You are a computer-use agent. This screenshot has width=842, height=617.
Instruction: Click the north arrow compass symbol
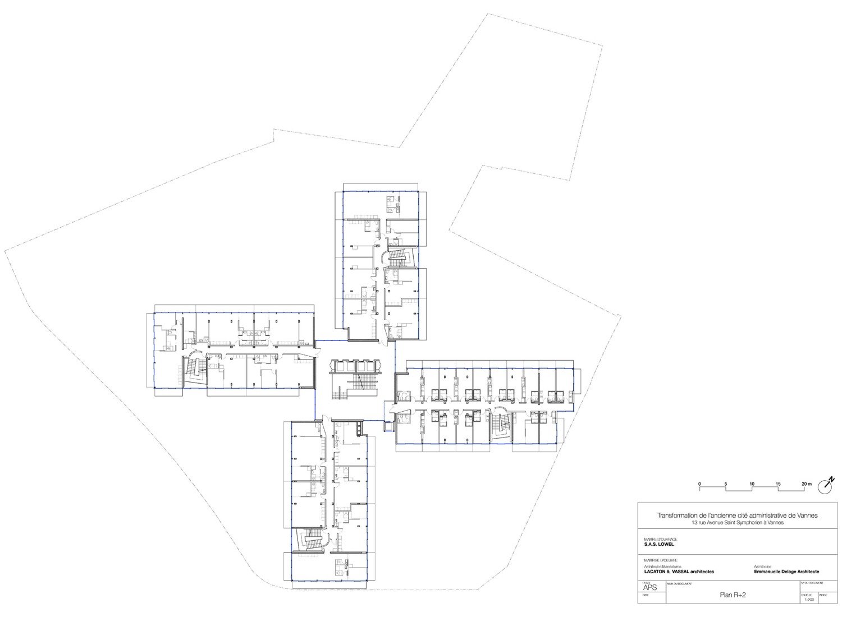pyautogui.click(x=826, y=485)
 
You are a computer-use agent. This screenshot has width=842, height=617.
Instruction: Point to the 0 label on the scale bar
pyautogui.click(x=699, y=484)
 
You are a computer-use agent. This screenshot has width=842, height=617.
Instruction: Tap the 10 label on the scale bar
pyautogui.click(x=752, y=484)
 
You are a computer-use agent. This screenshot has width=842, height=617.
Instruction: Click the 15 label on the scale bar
pyautogui.click(x=778, y=484)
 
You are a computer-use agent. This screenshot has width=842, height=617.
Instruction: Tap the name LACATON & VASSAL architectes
pyautogui.click(x=679, y=571)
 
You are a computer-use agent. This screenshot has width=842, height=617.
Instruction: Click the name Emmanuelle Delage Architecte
pyautogui.click(x=786, y=571)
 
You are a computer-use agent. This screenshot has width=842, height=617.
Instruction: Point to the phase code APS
pyautogui.click(x=649, y=588)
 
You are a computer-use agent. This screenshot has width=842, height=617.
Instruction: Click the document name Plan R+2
pyautogui.click(x=733, y=596)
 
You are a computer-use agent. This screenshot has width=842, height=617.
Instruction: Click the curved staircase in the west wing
pyautogui.click(x=194, y=370)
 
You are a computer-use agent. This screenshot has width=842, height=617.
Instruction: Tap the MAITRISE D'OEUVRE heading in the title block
pyautogui.click(x=661, y=560)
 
